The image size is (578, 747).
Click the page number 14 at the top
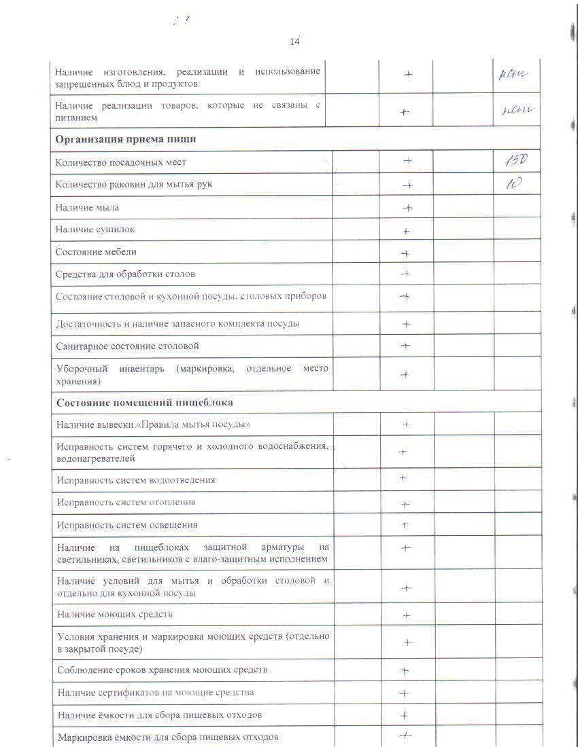[294, 41]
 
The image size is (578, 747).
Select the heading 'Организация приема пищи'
[126, 139]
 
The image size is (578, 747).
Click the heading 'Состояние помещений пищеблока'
[145, 402]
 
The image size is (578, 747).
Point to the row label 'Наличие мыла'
[87, 207]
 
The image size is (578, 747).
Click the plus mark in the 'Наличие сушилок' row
[406, 231]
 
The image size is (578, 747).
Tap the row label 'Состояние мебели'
[96, 252]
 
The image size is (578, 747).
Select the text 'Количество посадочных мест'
[121, 162]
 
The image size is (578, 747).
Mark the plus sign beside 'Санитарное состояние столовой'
[406, 346]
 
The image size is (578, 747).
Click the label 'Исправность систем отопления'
[126, 503]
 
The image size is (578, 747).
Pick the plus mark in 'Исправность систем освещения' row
[405, 525]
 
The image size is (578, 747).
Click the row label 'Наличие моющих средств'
[115, 615]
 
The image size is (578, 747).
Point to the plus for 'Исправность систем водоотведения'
[403, 478]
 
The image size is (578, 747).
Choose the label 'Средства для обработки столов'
[125, 274]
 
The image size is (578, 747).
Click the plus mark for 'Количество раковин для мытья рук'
[407, 185]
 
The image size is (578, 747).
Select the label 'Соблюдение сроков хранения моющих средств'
[163, 670]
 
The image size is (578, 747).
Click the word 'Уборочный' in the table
[82, 369]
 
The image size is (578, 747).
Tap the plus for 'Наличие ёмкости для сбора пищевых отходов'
[405, 715]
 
